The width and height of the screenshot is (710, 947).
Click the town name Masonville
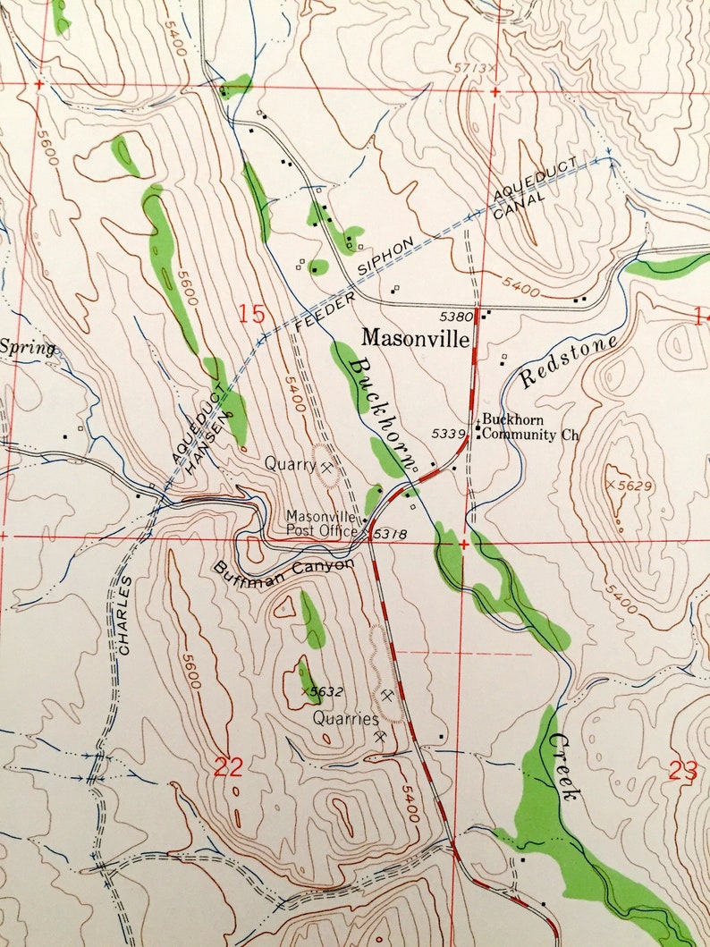pos(415,339)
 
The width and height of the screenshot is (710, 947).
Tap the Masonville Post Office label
pos(322,523)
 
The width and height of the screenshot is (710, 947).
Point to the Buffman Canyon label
pos(283,567)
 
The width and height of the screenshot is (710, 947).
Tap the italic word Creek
pos(565,766)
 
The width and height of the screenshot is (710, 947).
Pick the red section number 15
pos(252,315)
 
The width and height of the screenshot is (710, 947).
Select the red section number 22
pos(228,767)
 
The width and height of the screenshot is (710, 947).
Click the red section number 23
pos(683,771)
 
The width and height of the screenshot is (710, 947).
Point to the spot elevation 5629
pos(632,484)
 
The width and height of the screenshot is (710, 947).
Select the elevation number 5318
pos(391,534)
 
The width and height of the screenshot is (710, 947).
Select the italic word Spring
pos(27,348)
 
